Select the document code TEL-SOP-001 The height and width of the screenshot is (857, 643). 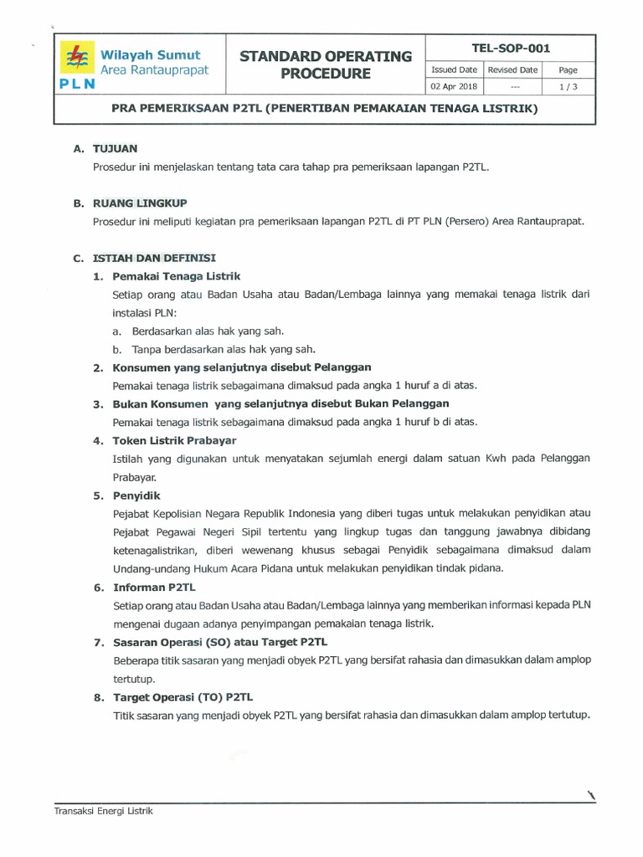pos(510,49)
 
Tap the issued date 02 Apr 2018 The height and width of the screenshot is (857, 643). pos(453,86)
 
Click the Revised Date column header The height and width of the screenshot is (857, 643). pos(512,70)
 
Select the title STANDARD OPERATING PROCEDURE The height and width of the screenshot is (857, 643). pos(326,65)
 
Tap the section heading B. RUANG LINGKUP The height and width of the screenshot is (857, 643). pos(130,203)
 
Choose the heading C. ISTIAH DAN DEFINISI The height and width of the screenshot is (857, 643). pos(145,258)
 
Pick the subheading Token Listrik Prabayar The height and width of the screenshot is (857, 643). pos(174,440)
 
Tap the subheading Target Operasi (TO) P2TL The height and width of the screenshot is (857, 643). pos(183,697)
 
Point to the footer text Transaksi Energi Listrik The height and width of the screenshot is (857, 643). pos(104,811)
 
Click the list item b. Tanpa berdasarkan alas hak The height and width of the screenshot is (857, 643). pos(213,349)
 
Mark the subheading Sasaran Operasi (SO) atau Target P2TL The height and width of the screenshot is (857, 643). pos(219,642)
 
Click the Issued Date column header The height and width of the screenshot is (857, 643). pos(453,70)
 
